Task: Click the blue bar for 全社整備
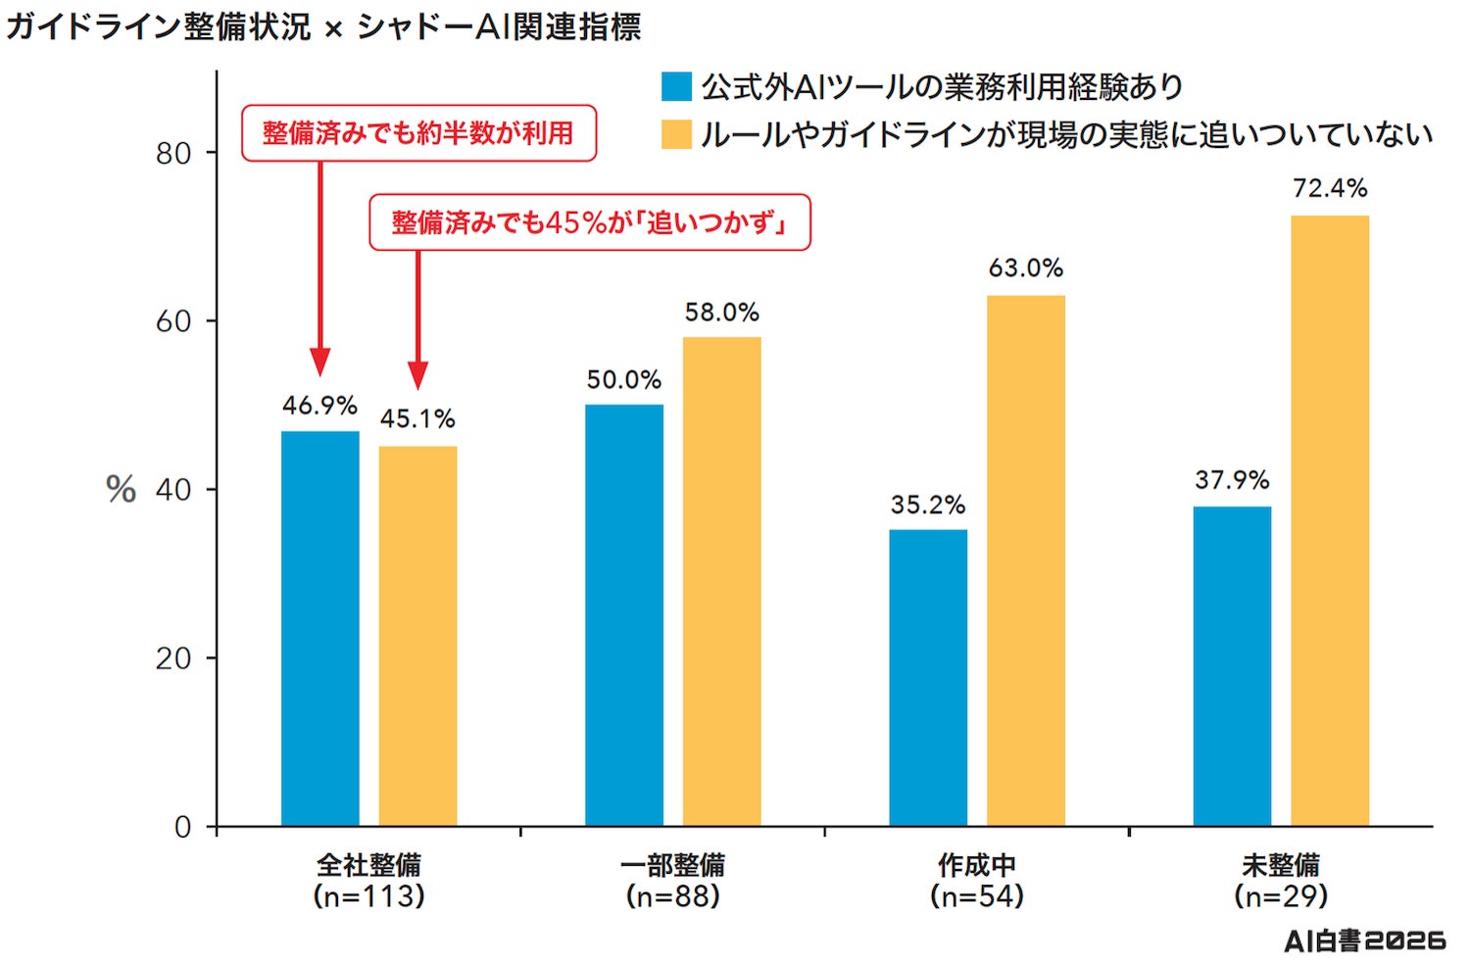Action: click(320, 628)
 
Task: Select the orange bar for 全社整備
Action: click(418, 636)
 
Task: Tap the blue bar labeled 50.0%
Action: click(624, 614)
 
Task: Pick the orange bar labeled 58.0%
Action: click(722, 581)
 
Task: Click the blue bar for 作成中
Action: click(928, 677)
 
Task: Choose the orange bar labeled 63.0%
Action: click(1026, 560)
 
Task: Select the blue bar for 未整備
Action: click(1232, 666)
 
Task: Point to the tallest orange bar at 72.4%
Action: click(1330, 520)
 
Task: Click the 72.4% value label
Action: click(1330, 188)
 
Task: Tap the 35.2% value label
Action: click(928, 505)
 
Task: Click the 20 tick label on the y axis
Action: click(173, 658)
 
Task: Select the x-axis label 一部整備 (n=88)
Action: click(672, 881)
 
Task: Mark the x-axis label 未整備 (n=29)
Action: click(1280, 881)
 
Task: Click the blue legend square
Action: click(676, 86)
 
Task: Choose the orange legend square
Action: click(676, 134)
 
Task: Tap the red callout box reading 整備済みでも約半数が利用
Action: click(418, 133)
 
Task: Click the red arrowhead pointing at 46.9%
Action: click(320, 362)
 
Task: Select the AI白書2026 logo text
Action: click(1365, 941)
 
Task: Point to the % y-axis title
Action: click(121, 490)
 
